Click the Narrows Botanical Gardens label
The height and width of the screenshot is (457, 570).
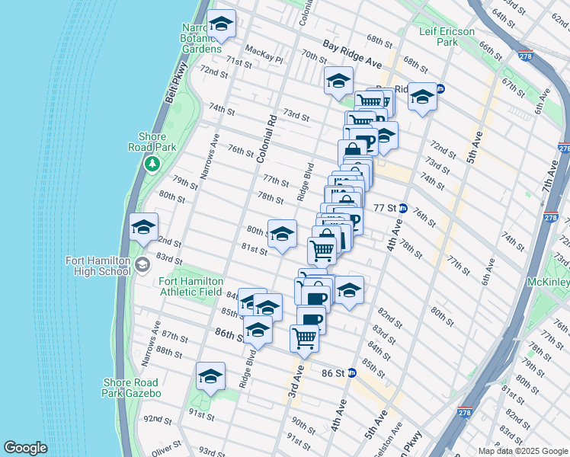point(200,37)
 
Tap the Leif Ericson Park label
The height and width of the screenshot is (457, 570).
point(447,37)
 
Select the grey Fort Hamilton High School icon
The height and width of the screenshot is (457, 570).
point(141,265)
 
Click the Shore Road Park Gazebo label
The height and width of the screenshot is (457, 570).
point(131,388)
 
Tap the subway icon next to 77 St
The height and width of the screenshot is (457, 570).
point(403,208)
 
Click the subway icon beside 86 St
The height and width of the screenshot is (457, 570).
point(351,373)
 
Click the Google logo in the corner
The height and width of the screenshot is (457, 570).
point(25,448)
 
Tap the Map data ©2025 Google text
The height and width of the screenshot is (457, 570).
point(522,451)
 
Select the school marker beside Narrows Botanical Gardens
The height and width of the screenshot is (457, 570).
point(222,24)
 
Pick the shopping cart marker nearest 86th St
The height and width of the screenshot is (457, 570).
point(305,337)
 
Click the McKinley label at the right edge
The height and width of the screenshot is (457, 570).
point(548,281)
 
